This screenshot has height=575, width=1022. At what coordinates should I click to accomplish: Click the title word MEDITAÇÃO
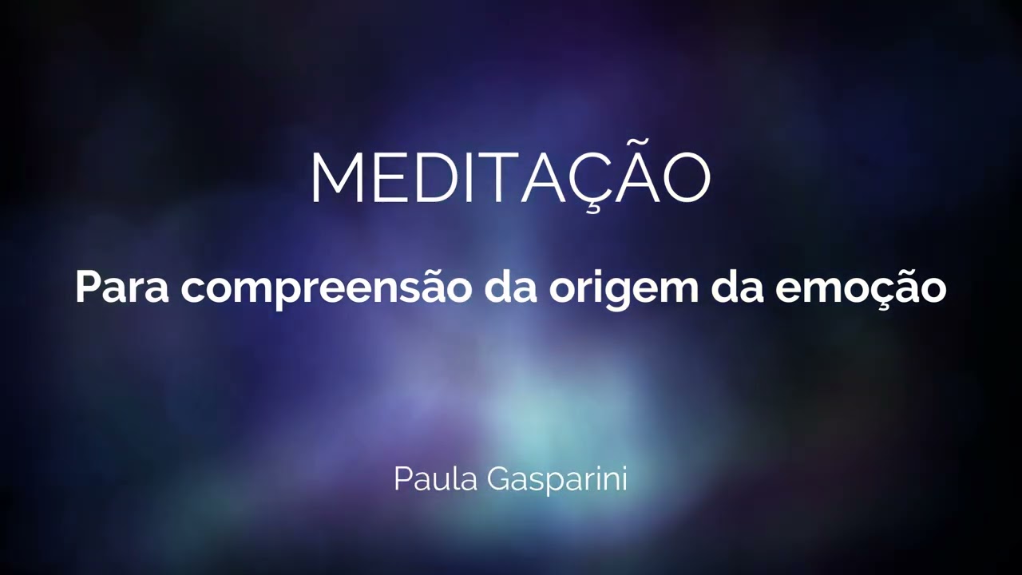[x=509, y=177]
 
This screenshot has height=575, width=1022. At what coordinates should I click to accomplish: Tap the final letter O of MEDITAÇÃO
[x=687, y=177]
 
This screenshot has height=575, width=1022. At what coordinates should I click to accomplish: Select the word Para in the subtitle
[x=121, y=286]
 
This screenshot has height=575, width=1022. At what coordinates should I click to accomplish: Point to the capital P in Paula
[x=402, y=478]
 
